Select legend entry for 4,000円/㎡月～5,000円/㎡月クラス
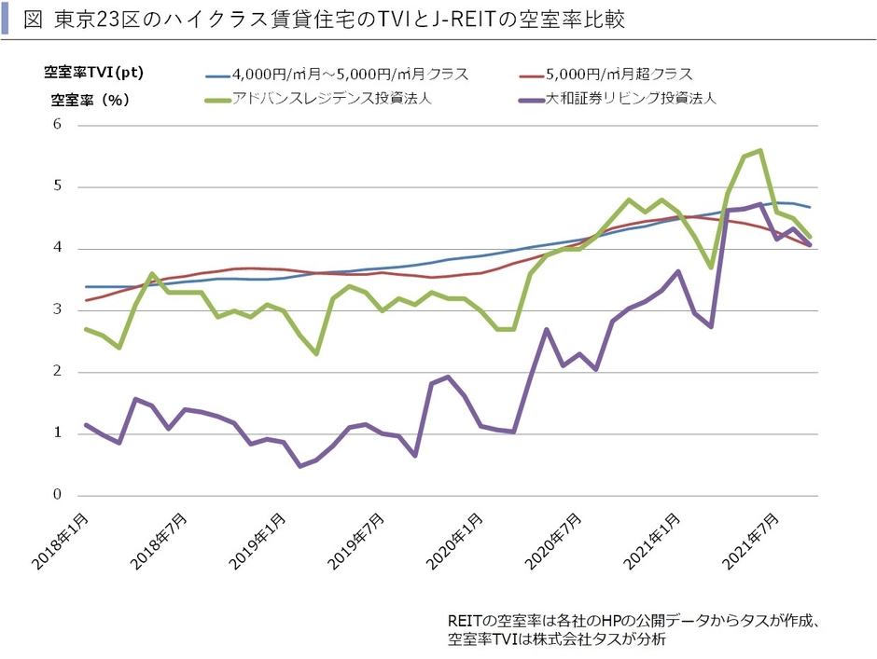point(350,74)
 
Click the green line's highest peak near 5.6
point(761,150)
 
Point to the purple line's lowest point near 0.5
point(300,466)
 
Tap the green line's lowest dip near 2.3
point(317,354)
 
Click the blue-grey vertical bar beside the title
point(7,19)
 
